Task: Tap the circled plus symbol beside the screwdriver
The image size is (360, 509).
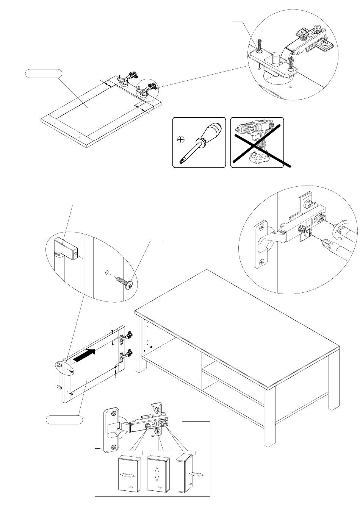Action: [181, 140]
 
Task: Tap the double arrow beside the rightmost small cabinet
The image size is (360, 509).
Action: [197, 475]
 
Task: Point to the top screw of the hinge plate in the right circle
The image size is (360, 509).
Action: [261, 227]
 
